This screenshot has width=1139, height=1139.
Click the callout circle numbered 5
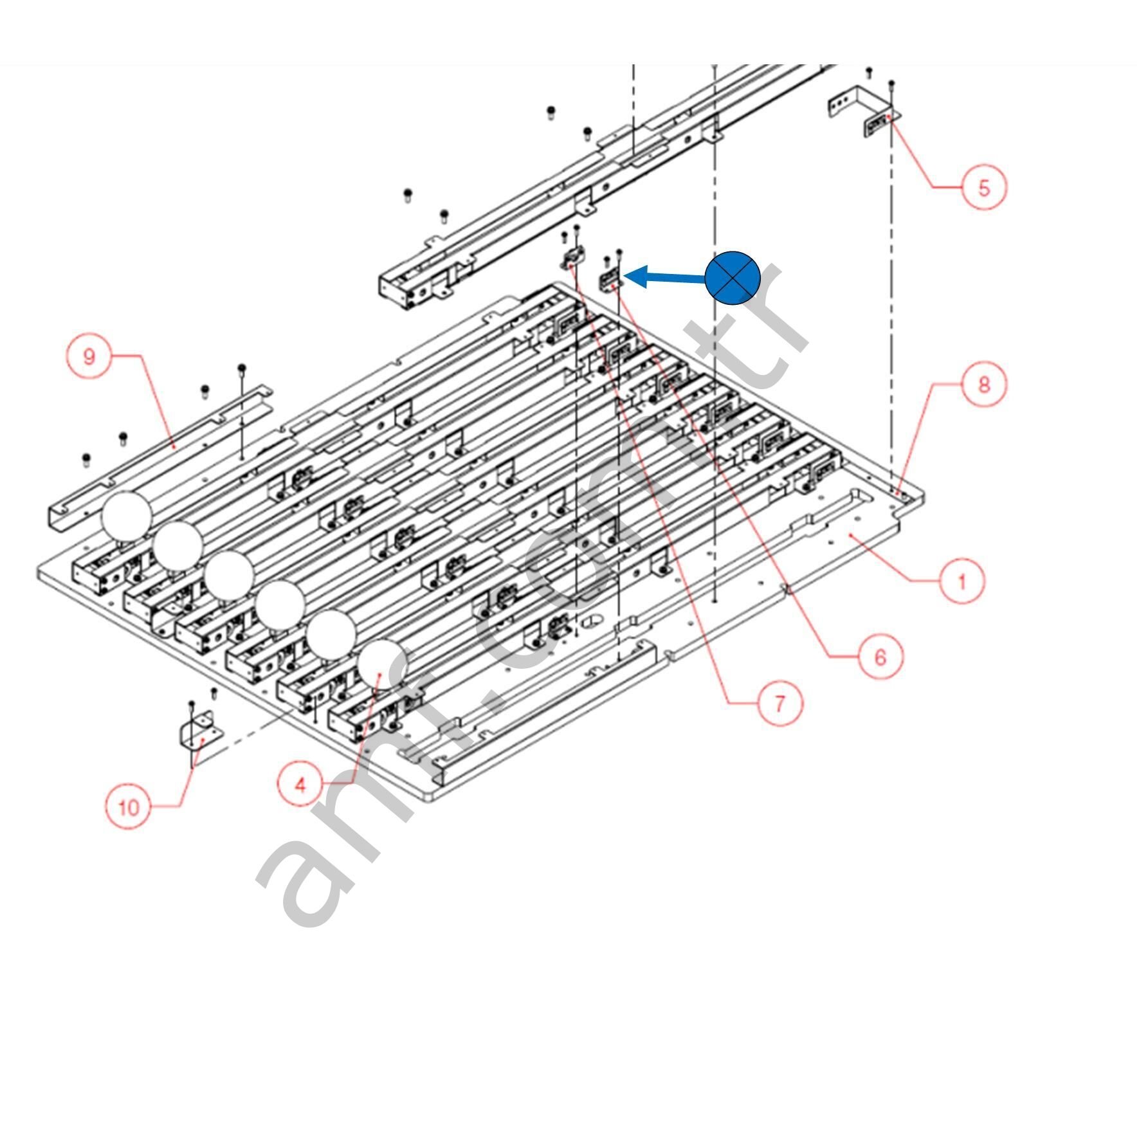[983, 187]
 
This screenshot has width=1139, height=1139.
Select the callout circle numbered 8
[983, 384]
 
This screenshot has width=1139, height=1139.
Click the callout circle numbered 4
[300, 785]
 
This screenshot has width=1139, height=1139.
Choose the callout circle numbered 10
[129, 806]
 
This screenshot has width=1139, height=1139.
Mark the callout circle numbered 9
[89, 356]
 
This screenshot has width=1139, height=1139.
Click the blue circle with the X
[733, 278]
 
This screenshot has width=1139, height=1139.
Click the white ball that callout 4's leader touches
[382, 664]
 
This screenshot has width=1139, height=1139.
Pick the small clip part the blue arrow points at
[610, 280]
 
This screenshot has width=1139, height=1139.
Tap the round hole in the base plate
[590, 621]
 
